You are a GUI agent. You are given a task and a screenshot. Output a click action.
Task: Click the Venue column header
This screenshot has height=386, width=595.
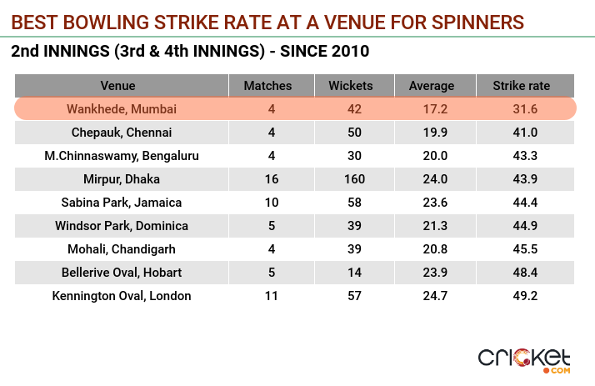pyautogui.click(x=117, y=86)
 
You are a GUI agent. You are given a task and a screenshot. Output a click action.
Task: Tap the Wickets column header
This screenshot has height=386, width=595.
pyautogui.click(x=351, y=86)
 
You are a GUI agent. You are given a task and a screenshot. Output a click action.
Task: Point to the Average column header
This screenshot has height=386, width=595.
pyautogui.click(x=432, y=86)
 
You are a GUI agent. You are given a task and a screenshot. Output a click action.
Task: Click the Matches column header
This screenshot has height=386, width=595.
pyautogui.click(x=267, y=86)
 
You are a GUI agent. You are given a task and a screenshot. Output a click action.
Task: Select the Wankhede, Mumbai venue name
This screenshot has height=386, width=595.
pyautogui.click(x=122, y=108)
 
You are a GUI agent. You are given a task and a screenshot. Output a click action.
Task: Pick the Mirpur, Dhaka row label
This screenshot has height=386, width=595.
pyautogui.click(x=122, y=178)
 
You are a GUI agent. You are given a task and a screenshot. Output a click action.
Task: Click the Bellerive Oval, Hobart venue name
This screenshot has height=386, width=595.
pyautogui.click(x=122, y=272)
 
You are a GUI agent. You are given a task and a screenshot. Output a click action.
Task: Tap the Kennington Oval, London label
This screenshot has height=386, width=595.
pyautogui.click(x=122, y=295)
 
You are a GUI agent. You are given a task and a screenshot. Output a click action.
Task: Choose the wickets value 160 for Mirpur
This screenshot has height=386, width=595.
pyautogui.click(x=351, y=178)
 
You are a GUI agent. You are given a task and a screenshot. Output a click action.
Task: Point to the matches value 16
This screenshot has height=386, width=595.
pyautogui.click(x=267, y=178)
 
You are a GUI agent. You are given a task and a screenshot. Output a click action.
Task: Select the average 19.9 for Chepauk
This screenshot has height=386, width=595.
pyautogui.click(x=432, y=132)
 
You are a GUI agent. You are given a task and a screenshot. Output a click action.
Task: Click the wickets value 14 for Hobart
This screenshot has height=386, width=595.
pyautogui.click(x=351, y=272)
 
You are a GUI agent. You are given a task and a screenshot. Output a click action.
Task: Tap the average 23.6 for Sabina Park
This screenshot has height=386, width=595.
pyautogui.click(x=432, y=202)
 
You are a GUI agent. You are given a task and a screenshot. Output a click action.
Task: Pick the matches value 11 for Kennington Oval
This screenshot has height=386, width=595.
pyautogui.click(x=267, y=295)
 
